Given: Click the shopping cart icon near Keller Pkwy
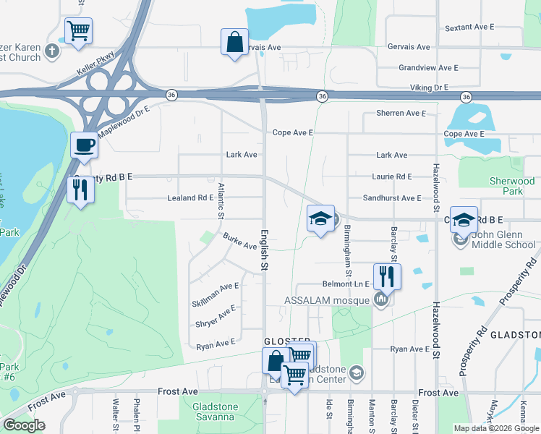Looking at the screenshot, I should coord(78,31).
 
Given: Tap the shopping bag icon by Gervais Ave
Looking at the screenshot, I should coord(235,42).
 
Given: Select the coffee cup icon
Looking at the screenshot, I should coord(84,145).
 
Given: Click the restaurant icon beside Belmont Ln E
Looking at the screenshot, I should coord(387,276).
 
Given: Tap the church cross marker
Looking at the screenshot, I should coord(51,51).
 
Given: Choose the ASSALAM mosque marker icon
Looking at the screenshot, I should coord(381,299).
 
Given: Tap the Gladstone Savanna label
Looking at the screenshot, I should coord(215,412).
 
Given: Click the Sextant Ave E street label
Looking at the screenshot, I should coord(469,27).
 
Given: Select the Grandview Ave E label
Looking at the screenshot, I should coord(428,68).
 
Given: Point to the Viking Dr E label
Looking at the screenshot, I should coord(428,88).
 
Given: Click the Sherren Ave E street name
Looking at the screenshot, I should coord(400,114).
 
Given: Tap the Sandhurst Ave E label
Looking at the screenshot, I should coord(391,197).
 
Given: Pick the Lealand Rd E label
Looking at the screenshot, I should coord(191,197).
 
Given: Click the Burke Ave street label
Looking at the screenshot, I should coord(240,242).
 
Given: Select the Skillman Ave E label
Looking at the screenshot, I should coord(215,287).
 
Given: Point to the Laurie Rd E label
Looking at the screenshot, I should coord(393,176).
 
